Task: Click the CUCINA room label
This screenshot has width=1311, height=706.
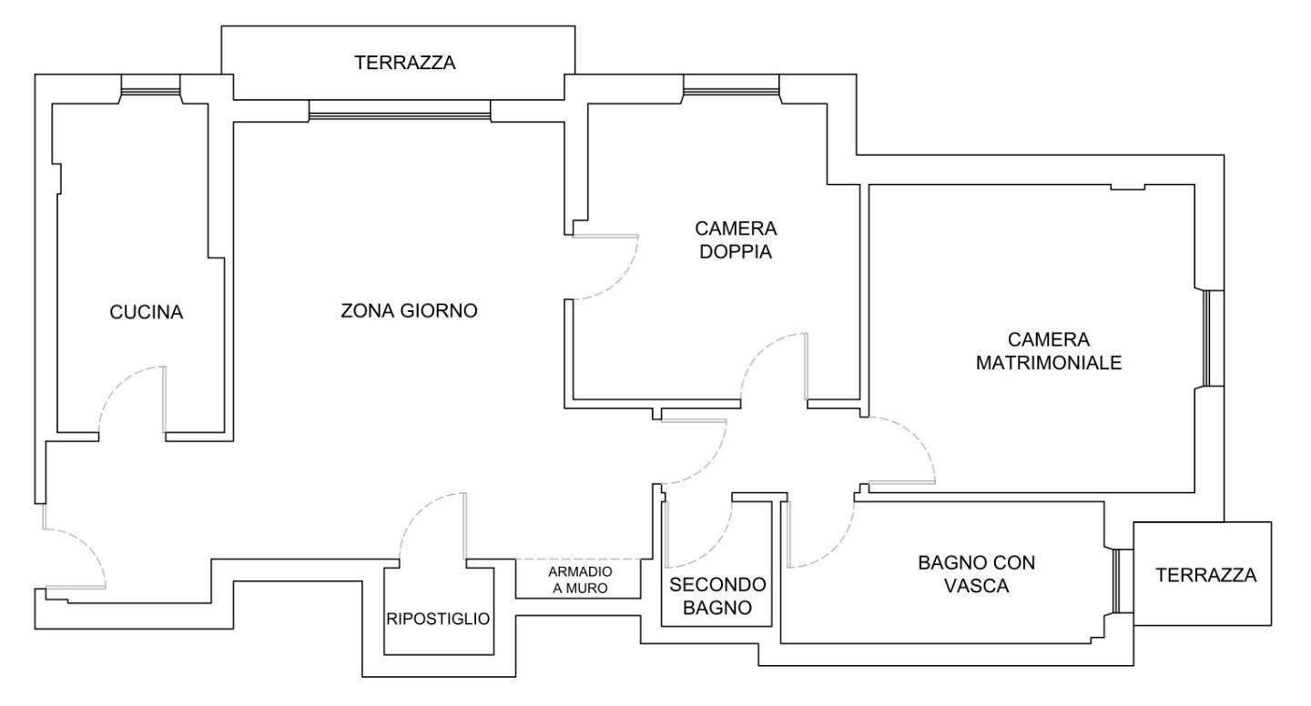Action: [x=147, y=312]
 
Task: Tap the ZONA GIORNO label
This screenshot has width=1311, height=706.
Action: [x=409, y=310]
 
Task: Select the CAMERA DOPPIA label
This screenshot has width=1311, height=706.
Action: [x=736, y=240]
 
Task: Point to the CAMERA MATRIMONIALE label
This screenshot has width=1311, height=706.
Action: [x=1049, y=351]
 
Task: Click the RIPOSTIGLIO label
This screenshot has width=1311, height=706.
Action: [x=438, y=619]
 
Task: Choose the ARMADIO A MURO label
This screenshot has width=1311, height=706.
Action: [x=580, y=580]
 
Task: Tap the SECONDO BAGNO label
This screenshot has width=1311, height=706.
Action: [x=717, y=596]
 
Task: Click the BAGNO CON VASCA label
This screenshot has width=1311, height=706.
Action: [x=976, y=574]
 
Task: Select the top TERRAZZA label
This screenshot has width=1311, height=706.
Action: [x=405, y=63]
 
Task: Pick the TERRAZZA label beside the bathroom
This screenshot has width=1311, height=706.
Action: [x=1205, y=575]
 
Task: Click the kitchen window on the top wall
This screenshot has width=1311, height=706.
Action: [x=150, y=91]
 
